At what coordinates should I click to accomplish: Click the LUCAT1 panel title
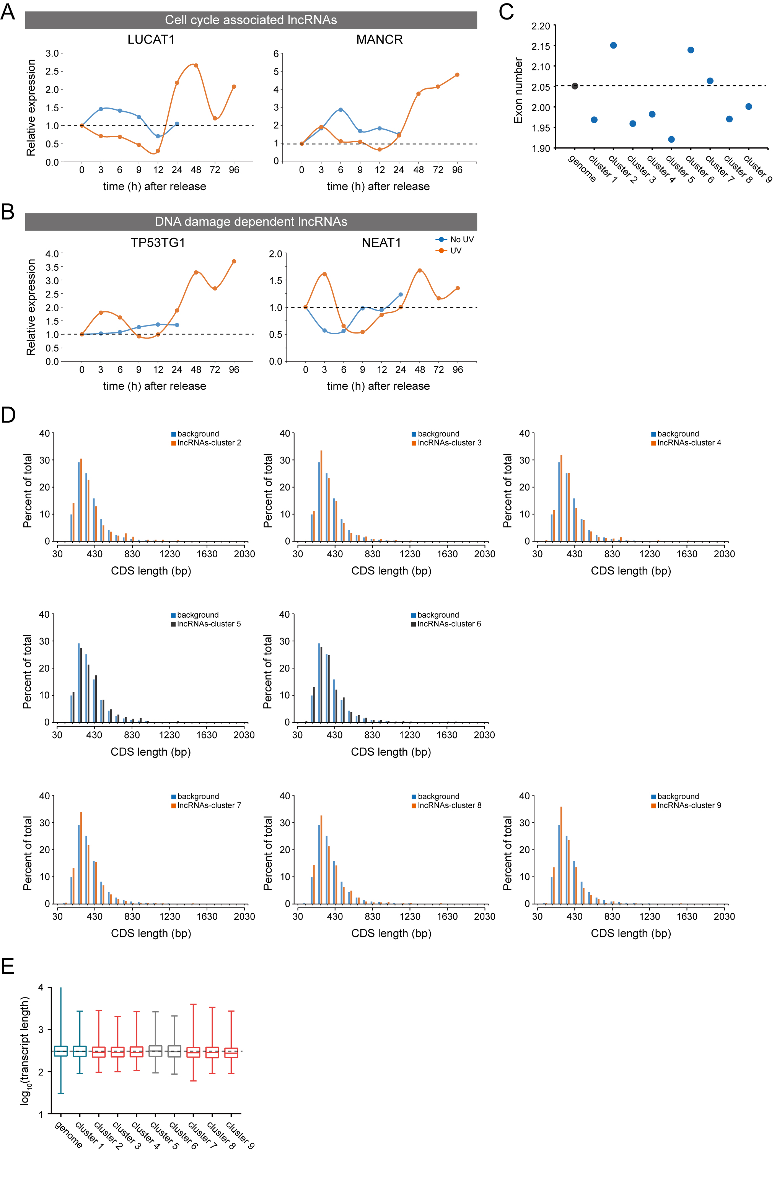[151, 39]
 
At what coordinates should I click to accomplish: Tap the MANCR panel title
[379, 39]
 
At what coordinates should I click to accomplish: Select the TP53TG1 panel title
[158, 243]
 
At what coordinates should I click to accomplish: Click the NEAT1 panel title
[381, 243]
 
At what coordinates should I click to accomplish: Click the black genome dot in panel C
[575, 86]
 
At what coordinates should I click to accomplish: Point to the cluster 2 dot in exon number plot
[613, 46]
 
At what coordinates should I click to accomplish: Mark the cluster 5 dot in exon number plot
[671, 140]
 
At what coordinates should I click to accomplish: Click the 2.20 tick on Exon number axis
[541, 26]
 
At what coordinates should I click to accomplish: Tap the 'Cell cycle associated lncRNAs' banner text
[251, 20]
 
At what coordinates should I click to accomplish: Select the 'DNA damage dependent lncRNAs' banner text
[251, 222]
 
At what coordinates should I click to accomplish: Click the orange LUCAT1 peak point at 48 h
[196, 65]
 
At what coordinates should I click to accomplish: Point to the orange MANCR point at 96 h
[457, 75]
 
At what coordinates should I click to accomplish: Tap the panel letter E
[8, 966]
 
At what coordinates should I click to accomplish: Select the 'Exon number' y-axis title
[518, 90]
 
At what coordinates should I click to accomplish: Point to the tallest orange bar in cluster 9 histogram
[561, 855]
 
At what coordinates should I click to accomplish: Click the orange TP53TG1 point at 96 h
[234, 261]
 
